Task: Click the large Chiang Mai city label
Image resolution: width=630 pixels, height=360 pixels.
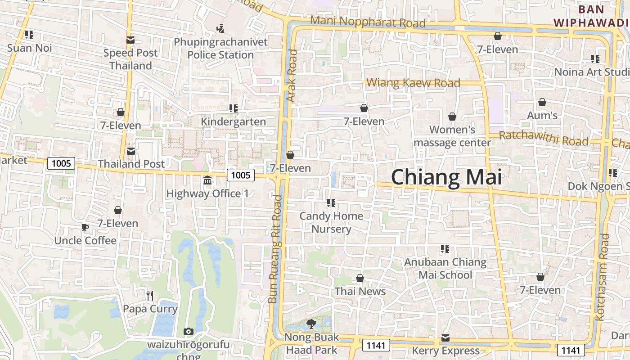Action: pos(446,177)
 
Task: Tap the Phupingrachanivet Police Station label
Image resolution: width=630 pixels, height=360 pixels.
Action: pos(220,49)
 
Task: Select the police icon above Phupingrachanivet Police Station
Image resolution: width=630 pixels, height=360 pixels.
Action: pos(220,29)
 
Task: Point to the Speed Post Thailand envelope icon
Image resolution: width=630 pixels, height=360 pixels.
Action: pos(130,40)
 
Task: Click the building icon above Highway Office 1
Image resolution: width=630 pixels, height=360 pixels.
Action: pos(207,180)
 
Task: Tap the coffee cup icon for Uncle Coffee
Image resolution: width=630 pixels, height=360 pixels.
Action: pos(85,227)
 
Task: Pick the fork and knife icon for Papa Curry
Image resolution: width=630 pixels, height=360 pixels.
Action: pos(150,296)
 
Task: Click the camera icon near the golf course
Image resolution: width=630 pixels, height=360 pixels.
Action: pos(189,332)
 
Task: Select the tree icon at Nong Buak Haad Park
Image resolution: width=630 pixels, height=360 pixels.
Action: pos(311,324)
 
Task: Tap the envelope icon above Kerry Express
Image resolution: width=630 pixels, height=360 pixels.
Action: pos(445,337)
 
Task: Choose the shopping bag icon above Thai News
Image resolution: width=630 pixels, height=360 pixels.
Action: pos(360,278)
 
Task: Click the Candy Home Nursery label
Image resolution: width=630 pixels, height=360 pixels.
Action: pos(331,222)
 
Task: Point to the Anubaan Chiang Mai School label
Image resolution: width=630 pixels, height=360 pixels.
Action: pos(445,268)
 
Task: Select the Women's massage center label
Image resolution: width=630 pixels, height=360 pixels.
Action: pos(452,136)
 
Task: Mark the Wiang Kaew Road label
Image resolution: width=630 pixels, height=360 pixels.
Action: pos(414,83)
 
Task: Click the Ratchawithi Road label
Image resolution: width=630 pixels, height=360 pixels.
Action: pos(544,138)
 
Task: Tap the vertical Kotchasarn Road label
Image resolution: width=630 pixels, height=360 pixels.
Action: pos(602,277)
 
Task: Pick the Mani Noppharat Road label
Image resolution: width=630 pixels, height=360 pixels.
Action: pos(368,21)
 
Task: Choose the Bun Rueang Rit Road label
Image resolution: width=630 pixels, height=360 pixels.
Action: pos(274,249)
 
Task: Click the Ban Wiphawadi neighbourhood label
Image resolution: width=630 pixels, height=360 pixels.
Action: pos(591,16)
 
